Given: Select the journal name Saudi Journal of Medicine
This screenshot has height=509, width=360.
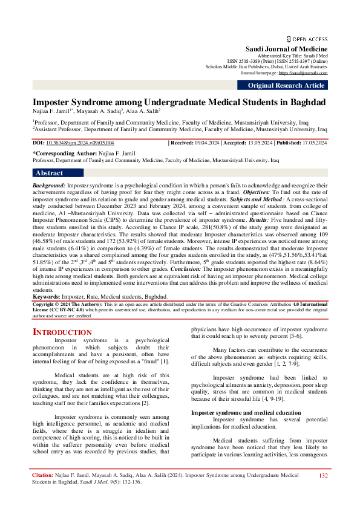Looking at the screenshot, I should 286,48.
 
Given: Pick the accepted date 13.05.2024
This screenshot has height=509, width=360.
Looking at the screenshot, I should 260,142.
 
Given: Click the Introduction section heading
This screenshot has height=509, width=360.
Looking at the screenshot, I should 62,332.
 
